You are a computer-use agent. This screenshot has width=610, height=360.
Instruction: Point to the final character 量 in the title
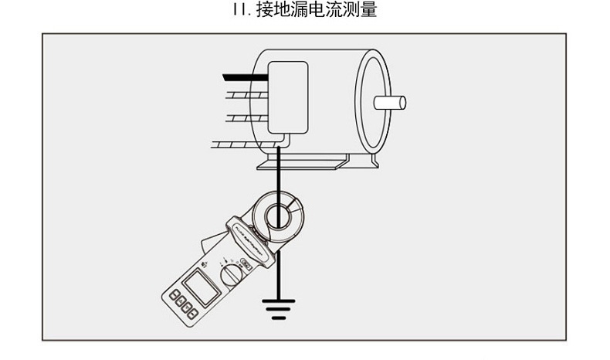coord(368,11)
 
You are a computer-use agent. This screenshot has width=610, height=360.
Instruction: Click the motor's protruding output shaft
coord(390,102)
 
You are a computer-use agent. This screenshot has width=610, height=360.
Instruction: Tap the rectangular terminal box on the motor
coord(287,96)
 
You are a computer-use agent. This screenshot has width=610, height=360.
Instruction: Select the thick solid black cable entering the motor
coord(244,76)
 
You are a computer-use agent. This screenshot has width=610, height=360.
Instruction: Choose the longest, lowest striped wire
coord(236,144)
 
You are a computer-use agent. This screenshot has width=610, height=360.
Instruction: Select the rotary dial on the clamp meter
coord(229,276)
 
